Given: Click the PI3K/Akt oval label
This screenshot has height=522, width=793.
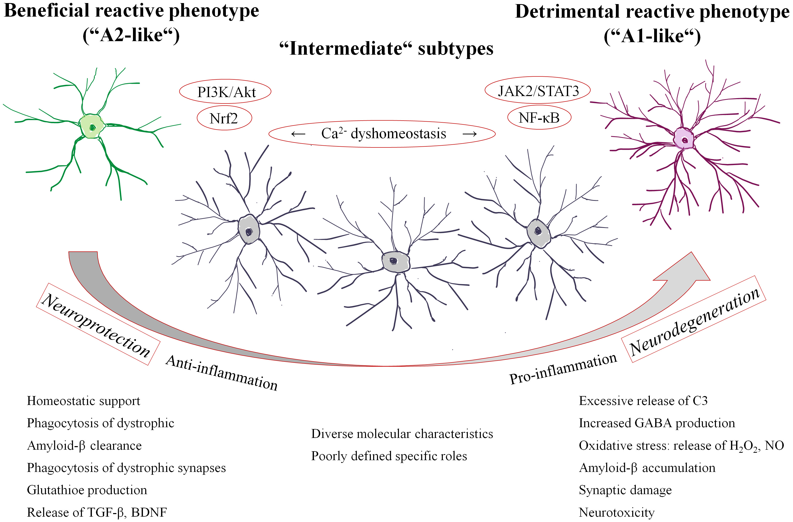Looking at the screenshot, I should point(225,92).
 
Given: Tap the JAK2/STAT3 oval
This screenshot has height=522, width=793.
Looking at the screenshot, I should point(538,91).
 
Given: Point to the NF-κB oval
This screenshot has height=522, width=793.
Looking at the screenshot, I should point(539,118).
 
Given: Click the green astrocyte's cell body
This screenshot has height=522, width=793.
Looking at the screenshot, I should point(92,127).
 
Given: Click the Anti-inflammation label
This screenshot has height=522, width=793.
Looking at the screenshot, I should point(222,373).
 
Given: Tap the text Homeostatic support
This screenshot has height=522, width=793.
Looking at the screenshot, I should point(83,401).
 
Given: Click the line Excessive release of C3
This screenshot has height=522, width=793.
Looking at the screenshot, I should point(643,401).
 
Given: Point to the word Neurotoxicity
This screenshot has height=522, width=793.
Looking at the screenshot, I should point(617,512).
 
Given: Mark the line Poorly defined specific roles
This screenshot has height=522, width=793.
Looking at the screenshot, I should point(389,456).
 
